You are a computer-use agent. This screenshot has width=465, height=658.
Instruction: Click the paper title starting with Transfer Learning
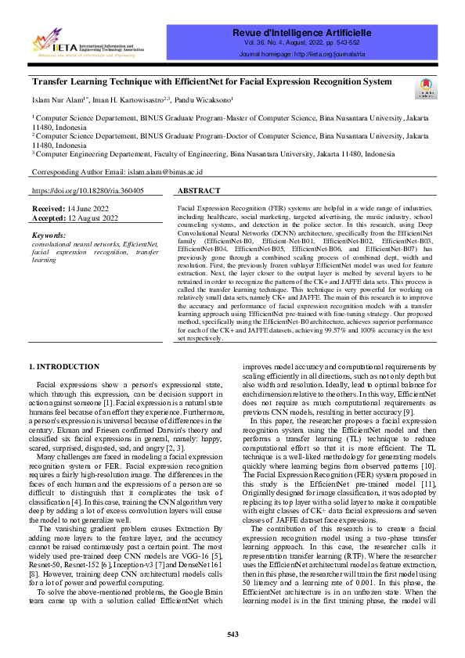pos(211,81)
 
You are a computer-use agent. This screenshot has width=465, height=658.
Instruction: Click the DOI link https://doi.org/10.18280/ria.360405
pos(88,191)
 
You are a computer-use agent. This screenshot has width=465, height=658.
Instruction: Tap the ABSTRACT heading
pos(200,191)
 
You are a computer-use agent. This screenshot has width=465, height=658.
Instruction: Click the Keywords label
pos(49,235)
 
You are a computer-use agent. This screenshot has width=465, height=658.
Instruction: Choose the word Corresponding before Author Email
pos(56,171)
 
